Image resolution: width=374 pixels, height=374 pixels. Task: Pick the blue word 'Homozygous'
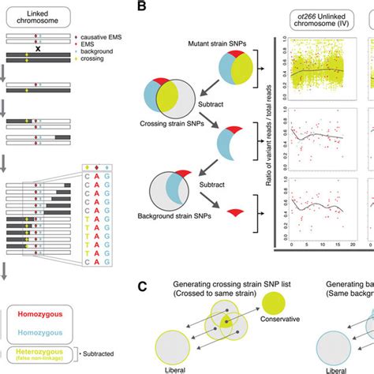click(36, 334)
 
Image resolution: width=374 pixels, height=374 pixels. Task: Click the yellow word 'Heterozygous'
click(36, 352)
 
